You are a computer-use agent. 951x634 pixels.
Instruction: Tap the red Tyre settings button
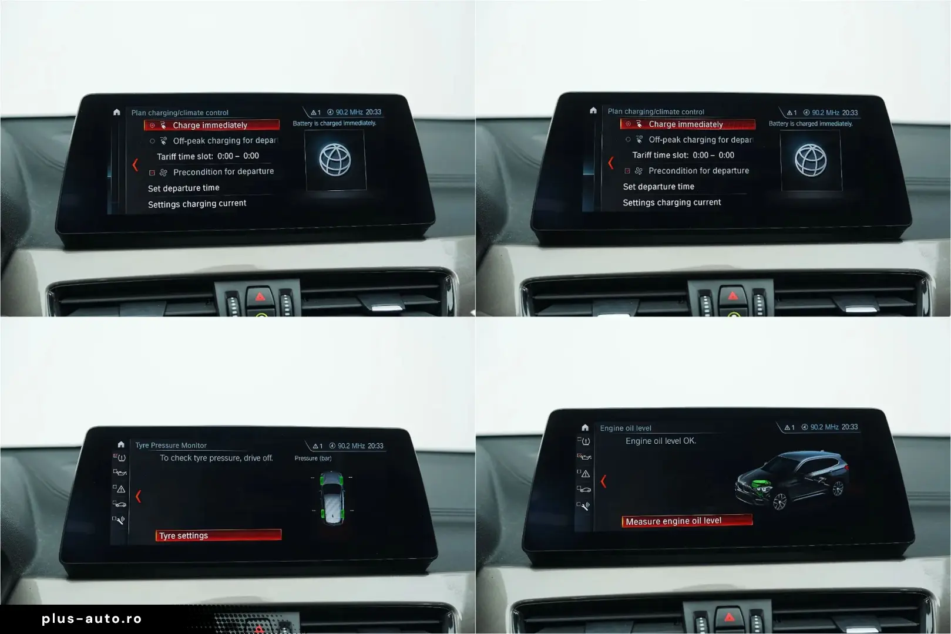click(219, 535)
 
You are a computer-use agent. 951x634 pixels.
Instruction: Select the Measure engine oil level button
click(687, 521)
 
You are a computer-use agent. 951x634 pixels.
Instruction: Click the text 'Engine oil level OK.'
click(661, 441)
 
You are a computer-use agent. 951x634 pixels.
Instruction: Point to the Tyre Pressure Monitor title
click(171, 445)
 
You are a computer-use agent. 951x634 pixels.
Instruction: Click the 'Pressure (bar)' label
click(313, 458)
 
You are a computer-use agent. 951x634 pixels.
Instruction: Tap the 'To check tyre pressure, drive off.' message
click(216, 458)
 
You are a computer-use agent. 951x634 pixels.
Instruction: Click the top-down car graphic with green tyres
click(332, 498)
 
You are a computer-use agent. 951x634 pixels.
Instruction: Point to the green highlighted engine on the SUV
click(761, 486)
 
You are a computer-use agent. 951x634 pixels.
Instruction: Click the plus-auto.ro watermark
click(92, 619)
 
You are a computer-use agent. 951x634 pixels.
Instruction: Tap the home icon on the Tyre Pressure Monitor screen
click(121, 444)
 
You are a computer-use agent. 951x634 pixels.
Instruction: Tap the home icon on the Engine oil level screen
click(585, 427)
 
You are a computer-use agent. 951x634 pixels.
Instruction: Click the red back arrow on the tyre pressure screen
click(139, 496)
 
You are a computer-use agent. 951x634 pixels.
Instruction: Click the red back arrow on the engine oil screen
click(603, 481)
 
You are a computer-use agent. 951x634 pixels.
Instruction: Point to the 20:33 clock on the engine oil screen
click(849, 427)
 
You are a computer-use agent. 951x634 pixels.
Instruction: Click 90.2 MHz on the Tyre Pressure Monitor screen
click(351, 446)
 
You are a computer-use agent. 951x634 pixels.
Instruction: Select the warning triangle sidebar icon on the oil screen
click(586, 474)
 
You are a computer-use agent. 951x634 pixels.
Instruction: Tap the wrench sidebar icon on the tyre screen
click(120, 520)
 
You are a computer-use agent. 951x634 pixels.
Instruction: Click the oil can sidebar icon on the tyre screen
click(120, 473)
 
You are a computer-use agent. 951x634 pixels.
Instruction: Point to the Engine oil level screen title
click(626, 428)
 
